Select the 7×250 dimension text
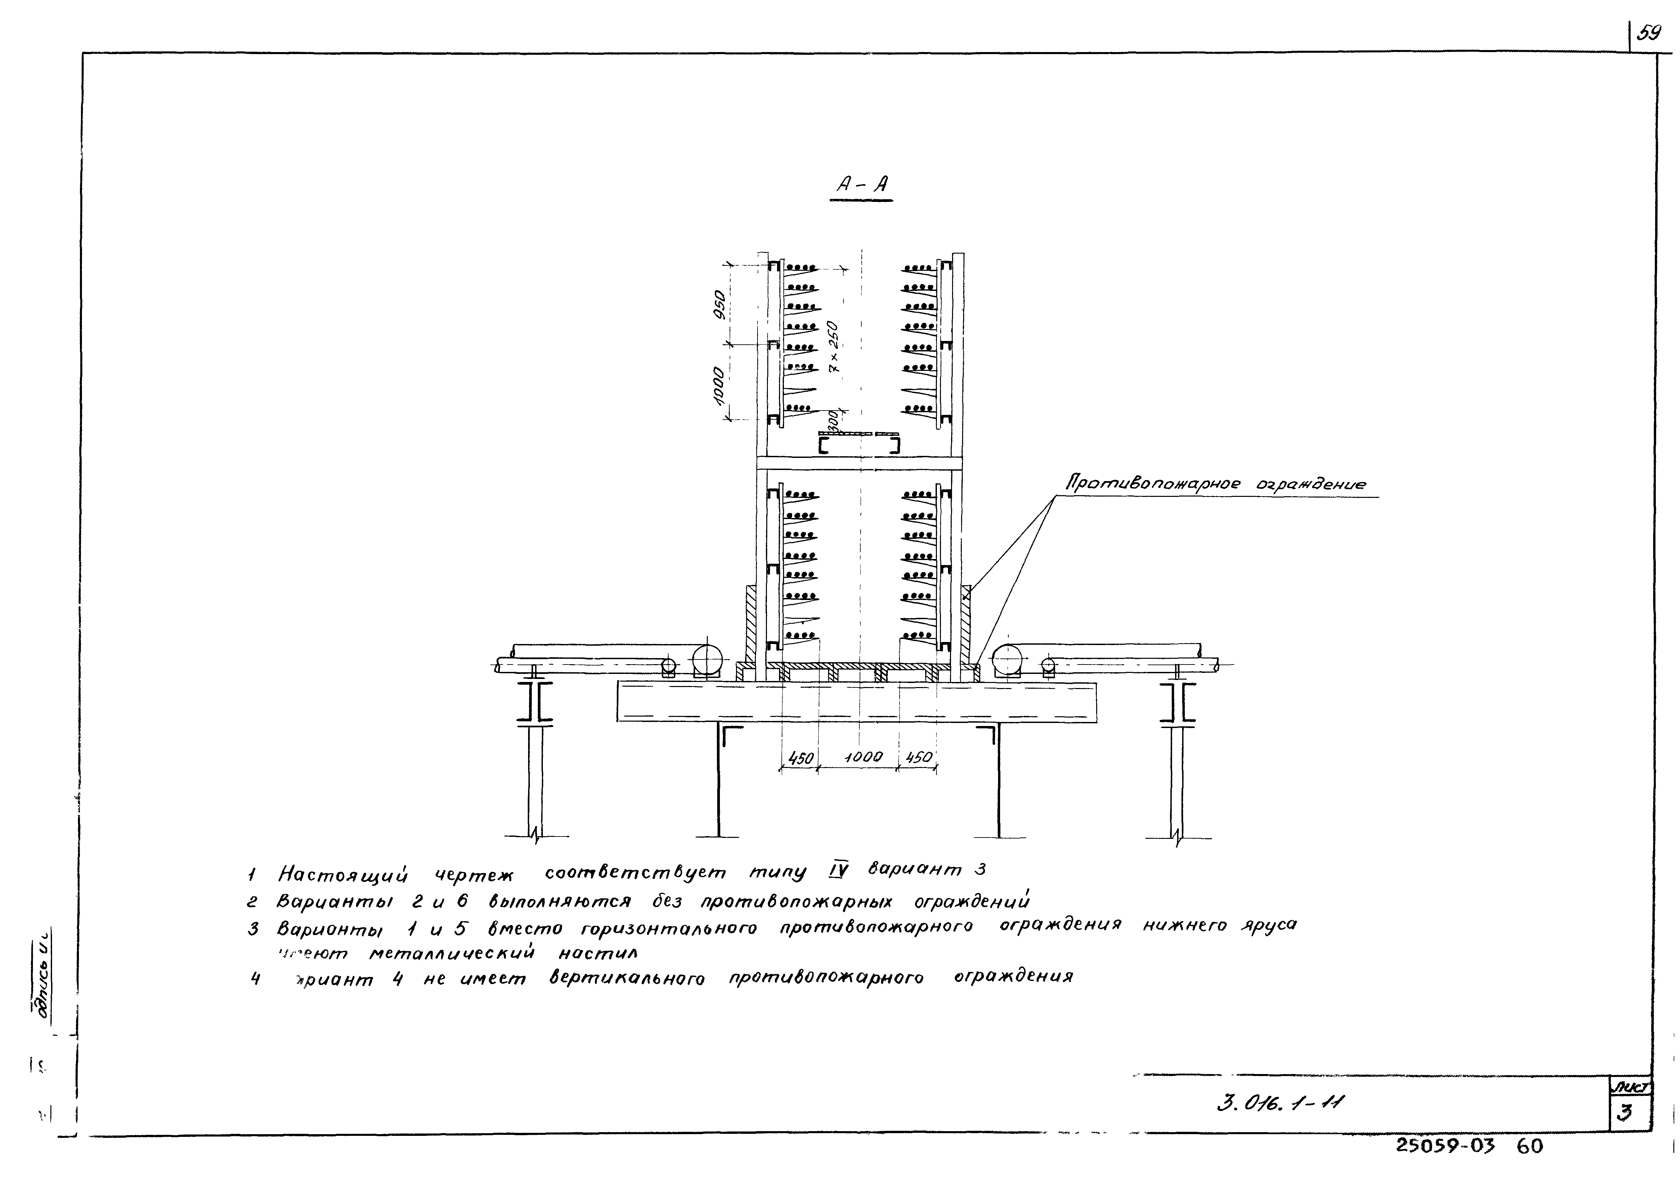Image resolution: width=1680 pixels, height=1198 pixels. click(x=833, y=345)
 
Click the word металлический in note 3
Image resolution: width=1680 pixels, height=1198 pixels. click(x=451, y=954)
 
